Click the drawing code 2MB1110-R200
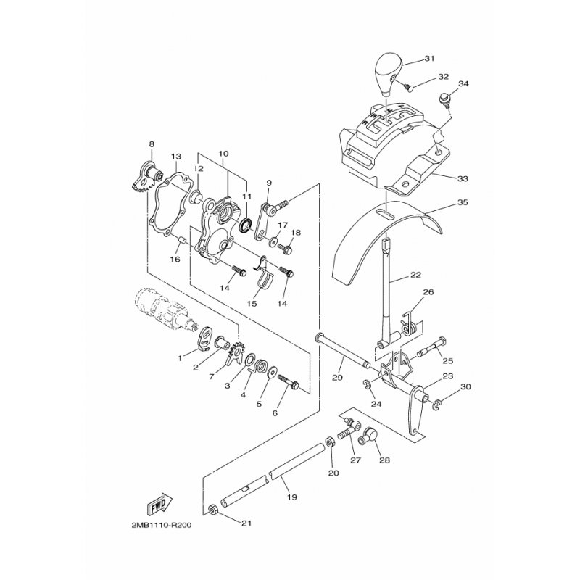click(x=162, y=525)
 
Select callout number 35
click(x=463, y=203)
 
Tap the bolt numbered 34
click(x=444, y=99)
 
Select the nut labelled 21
click(x=213, y=510)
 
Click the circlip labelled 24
click(x=366, y=384)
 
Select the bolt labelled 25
click(x=433, y=347)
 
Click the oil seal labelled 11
click(x=245, y=225)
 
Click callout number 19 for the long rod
click(x=292, y=497)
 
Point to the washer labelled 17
click(x=273, y=241)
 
